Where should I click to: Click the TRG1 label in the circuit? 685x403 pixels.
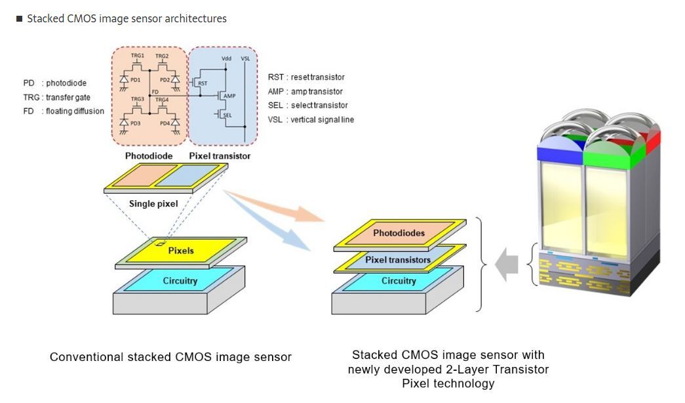138,56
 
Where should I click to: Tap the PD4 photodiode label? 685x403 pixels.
165,123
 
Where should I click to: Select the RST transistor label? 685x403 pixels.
203,83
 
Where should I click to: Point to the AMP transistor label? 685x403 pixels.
229,96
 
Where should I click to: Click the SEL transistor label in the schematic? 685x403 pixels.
227,115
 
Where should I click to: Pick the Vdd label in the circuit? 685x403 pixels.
226,58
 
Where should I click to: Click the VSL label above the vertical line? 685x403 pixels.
246,58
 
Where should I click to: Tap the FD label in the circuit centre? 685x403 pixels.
155,92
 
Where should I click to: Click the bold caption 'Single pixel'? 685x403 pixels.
153,203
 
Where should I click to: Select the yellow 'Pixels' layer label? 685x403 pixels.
181,251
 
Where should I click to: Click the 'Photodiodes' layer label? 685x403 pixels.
399,233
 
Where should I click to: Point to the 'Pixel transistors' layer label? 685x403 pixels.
398,259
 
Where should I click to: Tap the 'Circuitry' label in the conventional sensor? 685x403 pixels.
180,280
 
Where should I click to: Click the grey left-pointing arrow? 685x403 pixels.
507,265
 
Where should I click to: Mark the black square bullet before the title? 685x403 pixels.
19,19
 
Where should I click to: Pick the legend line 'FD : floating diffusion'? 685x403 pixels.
64,111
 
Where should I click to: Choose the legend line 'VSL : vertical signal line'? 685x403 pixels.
311,119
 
